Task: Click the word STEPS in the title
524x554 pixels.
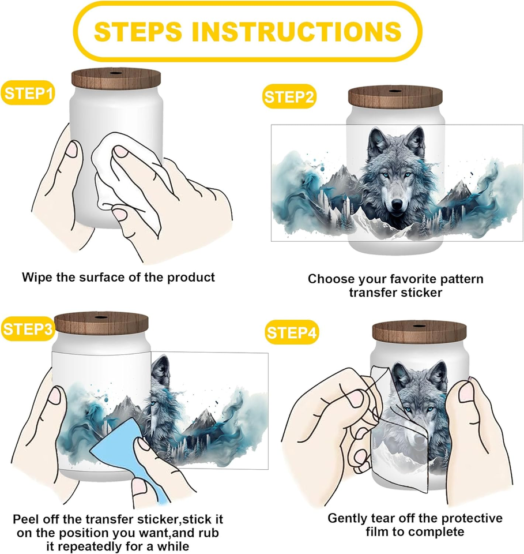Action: point(138,31)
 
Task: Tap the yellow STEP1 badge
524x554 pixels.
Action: point(28,93)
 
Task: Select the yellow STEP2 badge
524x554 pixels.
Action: point(289,96)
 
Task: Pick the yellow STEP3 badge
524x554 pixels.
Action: point(27,329)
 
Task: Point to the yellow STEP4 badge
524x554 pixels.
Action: point(292,332)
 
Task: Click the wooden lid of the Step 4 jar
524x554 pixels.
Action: point(419,333)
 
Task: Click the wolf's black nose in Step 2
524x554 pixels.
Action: point(397,203)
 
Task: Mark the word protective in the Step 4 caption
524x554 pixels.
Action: point(472,518)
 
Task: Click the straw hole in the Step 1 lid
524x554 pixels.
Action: point(116,73)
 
